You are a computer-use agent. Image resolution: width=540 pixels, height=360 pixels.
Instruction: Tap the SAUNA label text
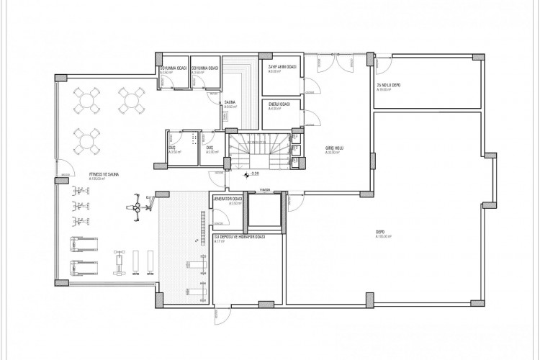click(x=231, y=103)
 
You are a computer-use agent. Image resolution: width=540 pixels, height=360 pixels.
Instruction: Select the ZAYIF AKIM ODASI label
click(x=280, y=67)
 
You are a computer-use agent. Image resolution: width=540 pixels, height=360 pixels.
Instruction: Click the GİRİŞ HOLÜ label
click(x=333, y=148)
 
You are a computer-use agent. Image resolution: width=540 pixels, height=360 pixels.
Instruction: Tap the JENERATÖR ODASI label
click(x=227, y=199)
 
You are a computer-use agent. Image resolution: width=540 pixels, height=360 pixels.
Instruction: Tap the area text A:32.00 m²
click(x=332, y=153)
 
